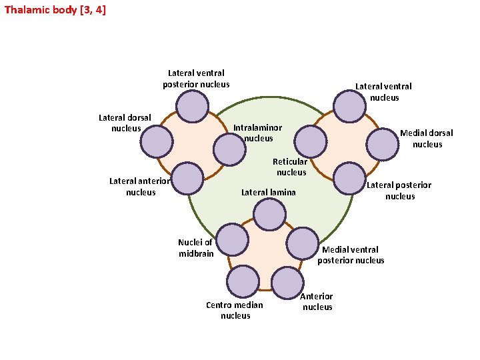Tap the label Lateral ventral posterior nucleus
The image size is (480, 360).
[196, 79]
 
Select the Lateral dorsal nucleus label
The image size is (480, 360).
[125, 123]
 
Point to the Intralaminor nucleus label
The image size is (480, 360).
[257, 133]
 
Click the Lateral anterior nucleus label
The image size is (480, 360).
[140, 187]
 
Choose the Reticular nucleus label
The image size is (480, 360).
[290, 167]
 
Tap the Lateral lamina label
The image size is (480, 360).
[268, 193]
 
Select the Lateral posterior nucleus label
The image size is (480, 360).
[399, 191]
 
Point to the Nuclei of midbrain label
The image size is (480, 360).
[195, 248]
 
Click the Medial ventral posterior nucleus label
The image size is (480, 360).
[351, 255]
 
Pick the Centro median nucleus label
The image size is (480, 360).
[235, 310]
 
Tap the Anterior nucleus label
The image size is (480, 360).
[317, 301]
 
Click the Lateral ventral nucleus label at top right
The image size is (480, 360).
[383, 92]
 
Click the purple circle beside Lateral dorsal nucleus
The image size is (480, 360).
[158, 141]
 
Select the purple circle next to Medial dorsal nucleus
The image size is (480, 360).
[384, 141]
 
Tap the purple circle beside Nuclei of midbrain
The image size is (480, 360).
[233, 240]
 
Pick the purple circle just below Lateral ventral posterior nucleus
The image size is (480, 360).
[193, 107]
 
